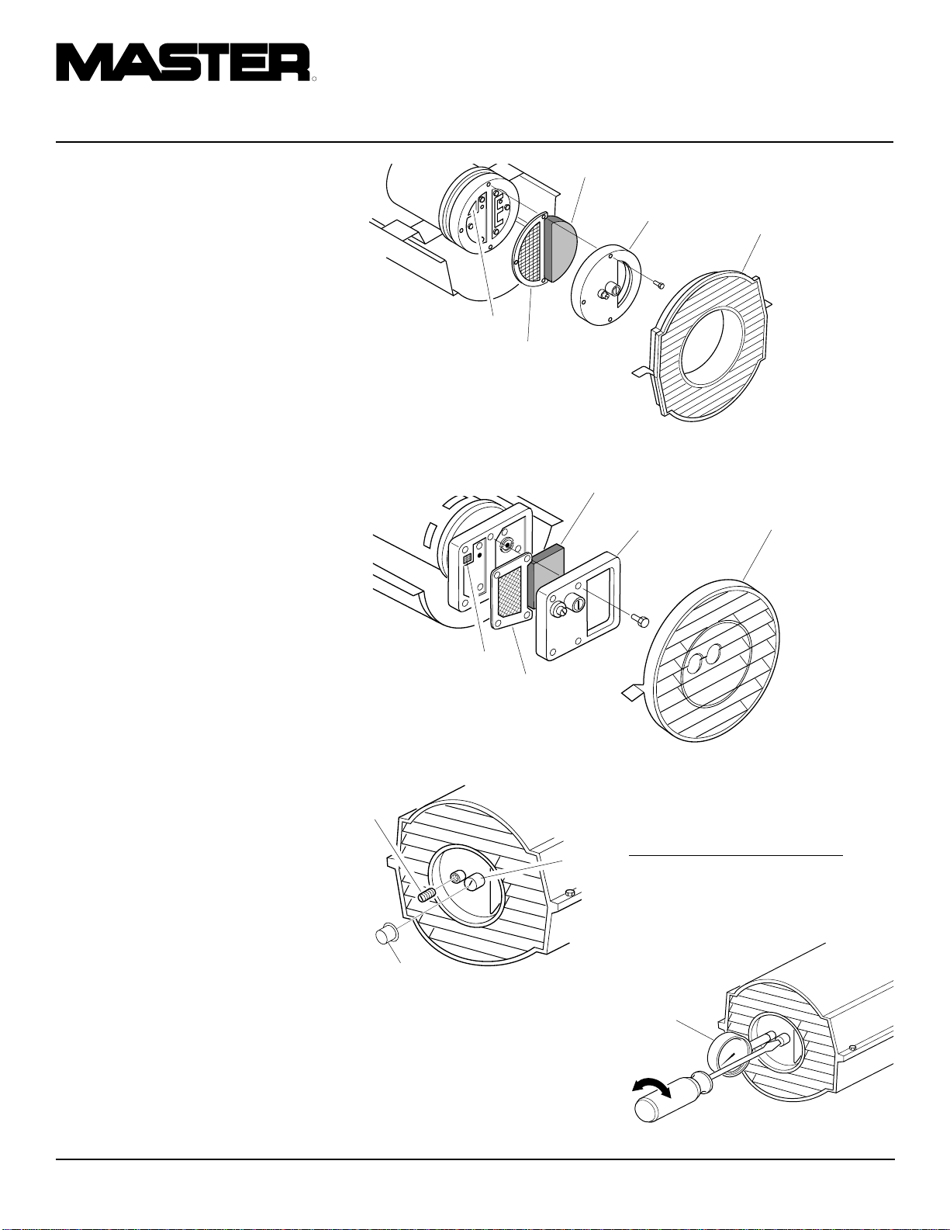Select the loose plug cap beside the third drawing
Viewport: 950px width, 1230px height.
pyautogui.click(x=386, y=932)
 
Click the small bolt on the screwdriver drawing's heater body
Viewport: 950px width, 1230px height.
pyautogui.click(x=853, y=1046)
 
